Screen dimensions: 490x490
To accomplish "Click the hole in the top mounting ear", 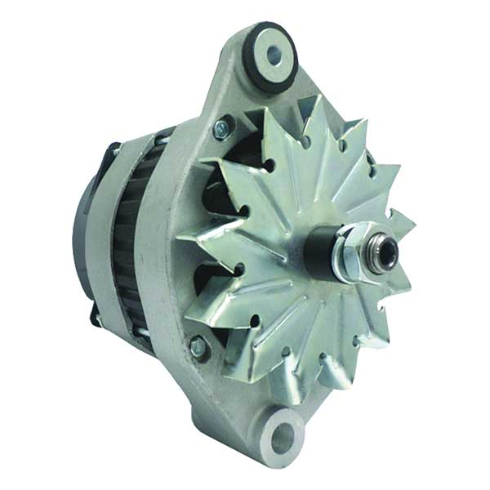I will pos(272,55).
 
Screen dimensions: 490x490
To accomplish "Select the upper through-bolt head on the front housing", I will pos(220,129).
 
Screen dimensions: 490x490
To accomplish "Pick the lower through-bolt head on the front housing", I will pos(197,348).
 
